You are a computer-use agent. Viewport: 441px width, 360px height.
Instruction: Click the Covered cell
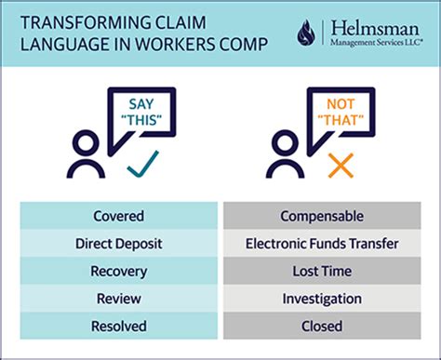[x=118, y=217]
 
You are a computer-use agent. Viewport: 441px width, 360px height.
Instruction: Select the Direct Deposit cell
[x=118, y=244]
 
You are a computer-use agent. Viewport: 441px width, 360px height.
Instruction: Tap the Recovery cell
[x=118, y=272]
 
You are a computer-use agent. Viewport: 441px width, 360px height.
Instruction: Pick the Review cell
[x=118, y=299]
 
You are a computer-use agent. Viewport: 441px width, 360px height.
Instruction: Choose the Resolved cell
[x=118, y=327]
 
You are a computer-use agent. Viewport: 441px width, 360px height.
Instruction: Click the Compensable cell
[x=321, y=217]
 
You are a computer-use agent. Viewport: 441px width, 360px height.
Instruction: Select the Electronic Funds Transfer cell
[x=321, y=244]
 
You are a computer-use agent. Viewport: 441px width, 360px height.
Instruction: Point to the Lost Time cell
[x=321, y=272]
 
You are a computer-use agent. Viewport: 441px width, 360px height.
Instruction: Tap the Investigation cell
[x=321, y=299]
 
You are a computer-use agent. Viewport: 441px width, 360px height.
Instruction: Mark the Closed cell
[x=321, y=327]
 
